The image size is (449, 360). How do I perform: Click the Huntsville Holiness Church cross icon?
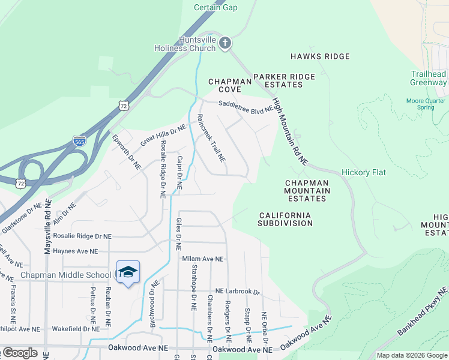coord(224,43)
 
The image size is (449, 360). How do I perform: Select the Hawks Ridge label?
coord(320,56)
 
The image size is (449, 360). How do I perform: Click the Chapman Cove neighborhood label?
coord(229,85)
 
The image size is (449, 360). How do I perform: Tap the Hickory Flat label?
coord(364,172)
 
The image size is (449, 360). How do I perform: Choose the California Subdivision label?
coord(285,219)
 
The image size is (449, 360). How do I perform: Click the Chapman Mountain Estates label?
coord(307,191)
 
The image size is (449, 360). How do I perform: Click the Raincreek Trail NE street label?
coord(211,138)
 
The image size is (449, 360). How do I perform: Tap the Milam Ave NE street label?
coord(202,259)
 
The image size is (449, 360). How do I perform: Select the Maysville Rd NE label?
coord(48,227)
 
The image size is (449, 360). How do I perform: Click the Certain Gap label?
coord(215,7)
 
